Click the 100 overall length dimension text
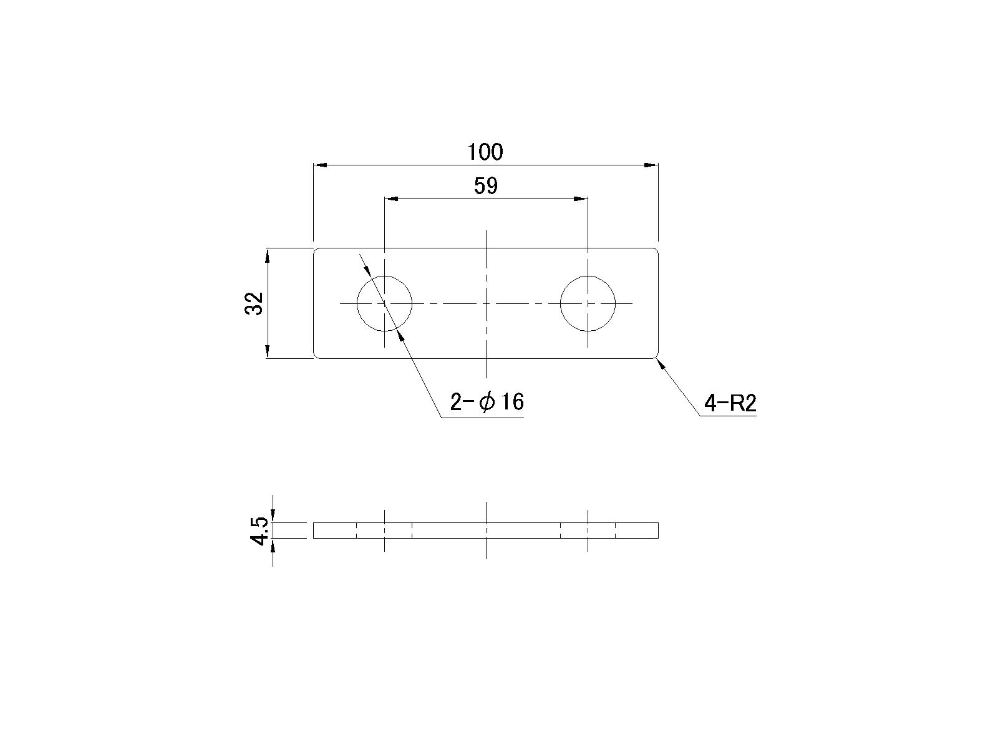tap(485, 152)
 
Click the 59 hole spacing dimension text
tap(486, 186)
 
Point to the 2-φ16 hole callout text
tap(487, 402)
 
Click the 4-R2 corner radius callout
tap(730, 404)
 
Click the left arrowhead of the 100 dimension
tap(320, 165)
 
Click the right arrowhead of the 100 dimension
tap(651, 165)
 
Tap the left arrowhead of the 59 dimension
tap(391, 199)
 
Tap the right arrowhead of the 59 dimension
tap(581, 199)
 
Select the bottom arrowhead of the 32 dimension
tap(267, 351)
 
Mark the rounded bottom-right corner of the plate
tap(656, 356)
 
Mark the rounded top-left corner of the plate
tap(315, 250)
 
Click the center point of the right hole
tap(588, 303)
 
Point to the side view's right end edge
tap(658, 530)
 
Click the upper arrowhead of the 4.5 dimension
tap(273, 517)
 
